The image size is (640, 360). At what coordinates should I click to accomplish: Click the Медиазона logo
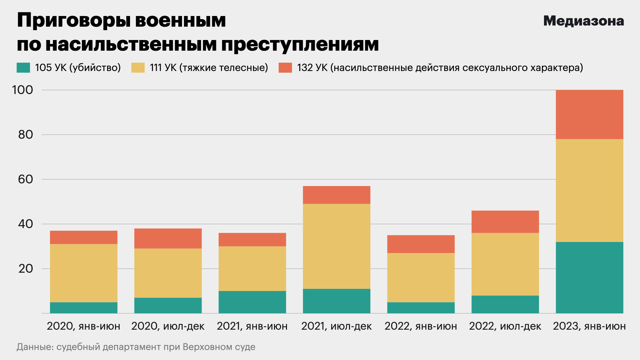[583, 21]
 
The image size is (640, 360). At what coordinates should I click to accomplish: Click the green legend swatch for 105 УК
[23, 68]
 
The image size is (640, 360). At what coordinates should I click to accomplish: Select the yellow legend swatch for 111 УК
[138, 68]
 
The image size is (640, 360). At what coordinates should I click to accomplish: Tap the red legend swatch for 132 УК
[285, 68]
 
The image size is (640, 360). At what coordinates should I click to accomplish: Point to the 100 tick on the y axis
[23, 90]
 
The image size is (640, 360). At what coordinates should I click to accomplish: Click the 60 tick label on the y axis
[26, 179]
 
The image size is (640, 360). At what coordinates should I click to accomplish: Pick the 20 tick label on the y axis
[26, 269]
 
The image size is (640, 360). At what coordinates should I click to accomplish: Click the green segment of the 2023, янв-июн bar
[589, 277]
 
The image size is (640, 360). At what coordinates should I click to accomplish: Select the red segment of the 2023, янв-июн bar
[589, 114]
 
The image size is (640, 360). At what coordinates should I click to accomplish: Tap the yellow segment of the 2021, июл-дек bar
[336, 246]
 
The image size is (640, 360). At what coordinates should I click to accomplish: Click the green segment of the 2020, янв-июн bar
[84, 308]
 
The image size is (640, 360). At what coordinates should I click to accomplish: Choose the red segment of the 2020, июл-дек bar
[168, 238]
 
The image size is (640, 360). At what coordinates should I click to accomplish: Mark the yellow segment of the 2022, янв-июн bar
[421, 277]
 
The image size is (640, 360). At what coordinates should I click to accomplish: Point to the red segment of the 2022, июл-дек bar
[505, 222]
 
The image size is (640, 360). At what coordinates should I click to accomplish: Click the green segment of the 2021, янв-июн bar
[252, 302]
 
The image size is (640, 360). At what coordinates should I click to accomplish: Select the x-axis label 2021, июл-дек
[336, 326]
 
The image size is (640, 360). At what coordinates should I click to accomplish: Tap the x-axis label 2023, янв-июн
[589, 326]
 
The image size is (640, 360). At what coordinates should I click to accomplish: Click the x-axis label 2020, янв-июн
[84, 326]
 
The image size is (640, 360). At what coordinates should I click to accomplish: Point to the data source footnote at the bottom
[136, 347]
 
